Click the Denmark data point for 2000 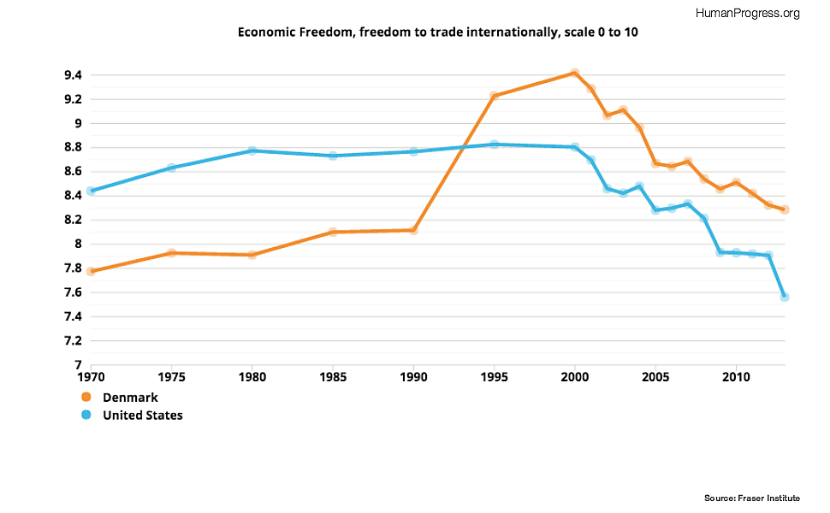click(x=575, y=74)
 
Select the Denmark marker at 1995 click(x=494, y=96)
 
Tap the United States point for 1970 click(x=91, y=191)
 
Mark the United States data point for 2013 click(x=785, y=297)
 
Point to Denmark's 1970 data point click(x=91, y=271)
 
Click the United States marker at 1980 click(x=252, y=150)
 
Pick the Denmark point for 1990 click(x=413, y=230)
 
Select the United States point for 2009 click(x=720, y=252)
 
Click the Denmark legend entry click(x=129, y=398)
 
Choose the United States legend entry click(x=142, y=416)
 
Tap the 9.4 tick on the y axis click(x=72, y=75)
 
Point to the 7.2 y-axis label click(x=72, y=340)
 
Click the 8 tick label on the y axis click(x=77, y=244)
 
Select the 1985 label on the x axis click(x=333, y=376)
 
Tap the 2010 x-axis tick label click(x=736, y=376)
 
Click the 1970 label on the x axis click(x=91, y=376)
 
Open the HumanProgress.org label click(x=748, y=13)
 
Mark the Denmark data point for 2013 click(x=785, y=209)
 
